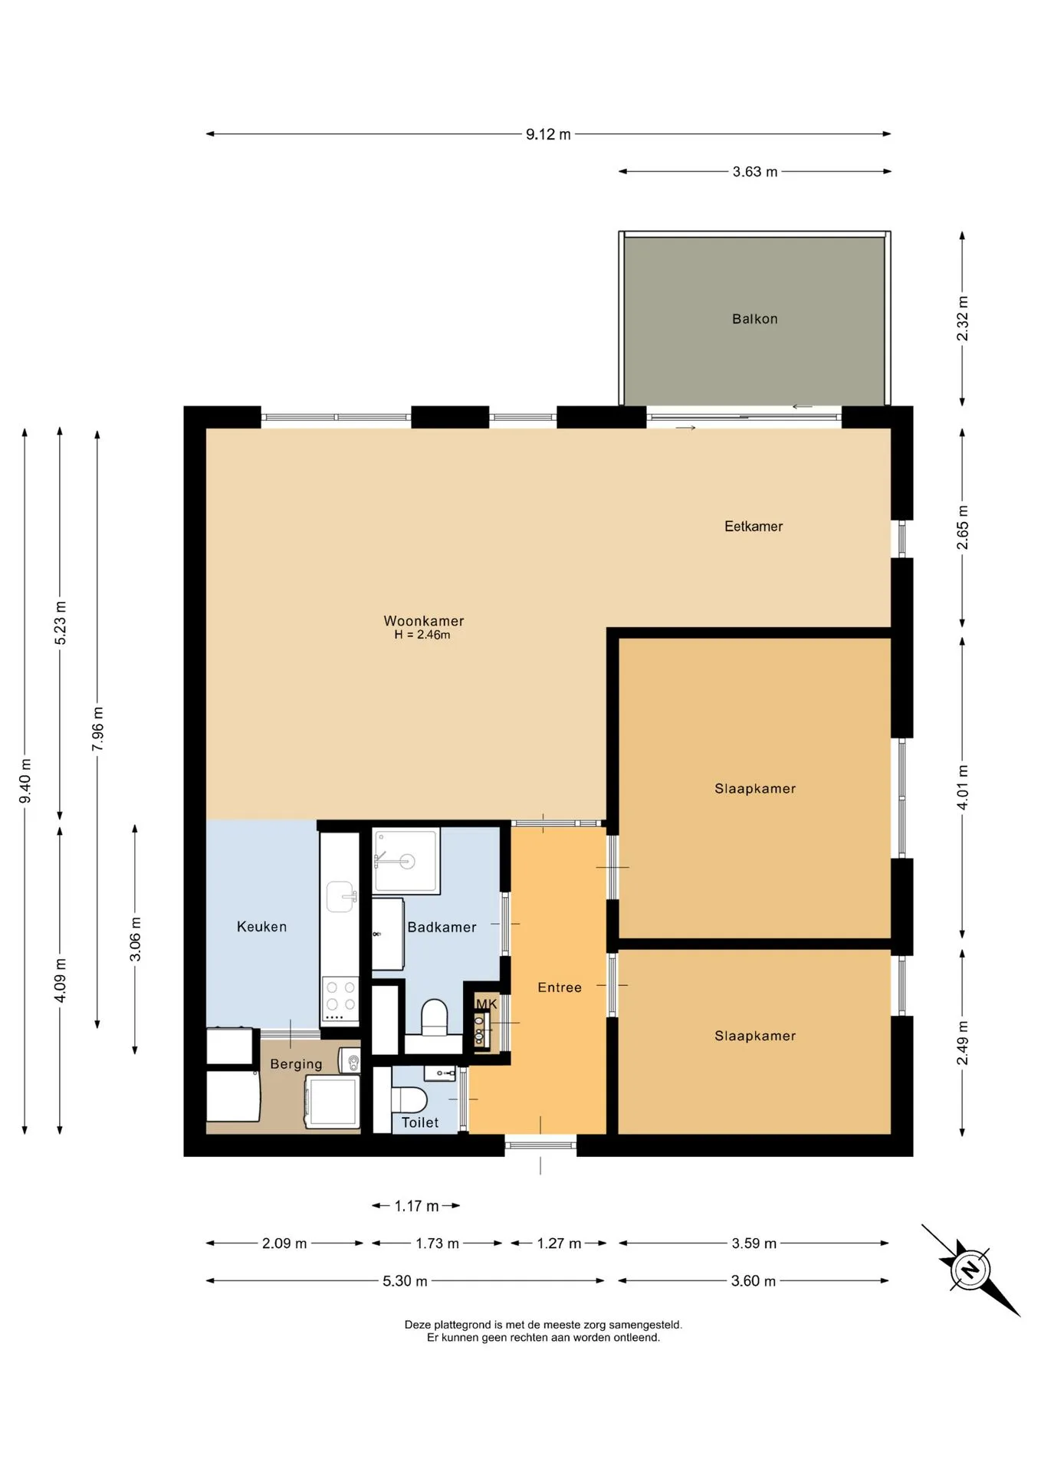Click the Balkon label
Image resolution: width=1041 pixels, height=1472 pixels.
[754, 319]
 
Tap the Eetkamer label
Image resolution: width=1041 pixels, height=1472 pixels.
[754, 527]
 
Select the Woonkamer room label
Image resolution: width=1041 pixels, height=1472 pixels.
[424, 621]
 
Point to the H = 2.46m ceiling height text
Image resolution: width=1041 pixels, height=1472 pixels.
[422, 635]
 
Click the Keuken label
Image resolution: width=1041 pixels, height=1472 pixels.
[261, 927]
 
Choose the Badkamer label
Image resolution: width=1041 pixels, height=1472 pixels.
[442, 928]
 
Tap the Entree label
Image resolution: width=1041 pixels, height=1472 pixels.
[560, 987]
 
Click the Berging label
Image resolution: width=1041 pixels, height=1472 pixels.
[296, 1064]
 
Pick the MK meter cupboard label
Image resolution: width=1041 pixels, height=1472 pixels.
[487, 1004]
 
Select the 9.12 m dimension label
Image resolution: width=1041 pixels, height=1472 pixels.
[548, 134]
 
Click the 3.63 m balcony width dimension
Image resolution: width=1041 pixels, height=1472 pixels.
[755, 172]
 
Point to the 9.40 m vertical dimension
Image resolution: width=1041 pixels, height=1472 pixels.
[25, 781]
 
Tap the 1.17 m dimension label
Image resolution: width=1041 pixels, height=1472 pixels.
[416, 1206]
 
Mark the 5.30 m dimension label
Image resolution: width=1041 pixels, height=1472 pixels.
[405, 1281]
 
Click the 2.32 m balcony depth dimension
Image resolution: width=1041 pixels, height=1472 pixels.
[963, 318]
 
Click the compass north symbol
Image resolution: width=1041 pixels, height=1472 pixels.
[970, 1270]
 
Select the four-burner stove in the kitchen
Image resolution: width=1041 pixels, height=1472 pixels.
[340, 999]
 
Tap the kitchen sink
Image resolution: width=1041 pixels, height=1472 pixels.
[341, 896]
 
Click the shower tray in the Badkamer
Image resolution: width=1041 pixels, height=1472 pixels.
[406, 861]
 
